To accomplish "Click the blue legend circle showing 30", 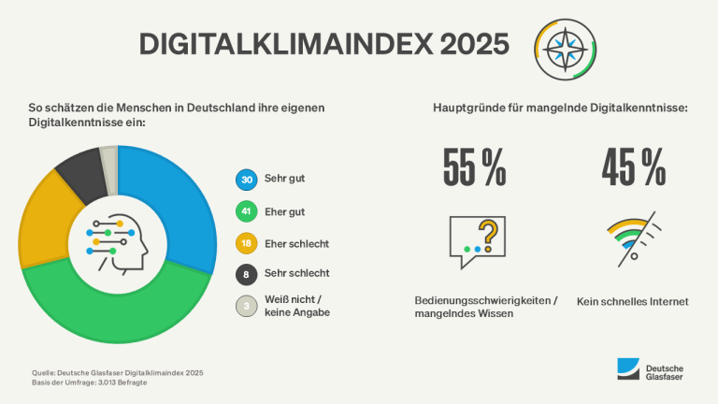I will (x=247, y=180).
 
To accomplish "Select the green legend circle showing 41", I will (x=247, y=211).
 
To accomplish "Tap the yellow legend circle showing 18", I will (x=247, y=243).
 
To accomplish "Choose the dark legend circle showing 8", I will (x=247, y=274).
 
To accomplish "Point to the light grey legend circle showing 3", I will (x=247, y=306).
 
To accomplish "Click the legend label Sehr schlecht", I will (x=294, y=274).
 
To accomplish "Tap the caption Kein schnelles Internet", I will (x=633, y=301).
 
